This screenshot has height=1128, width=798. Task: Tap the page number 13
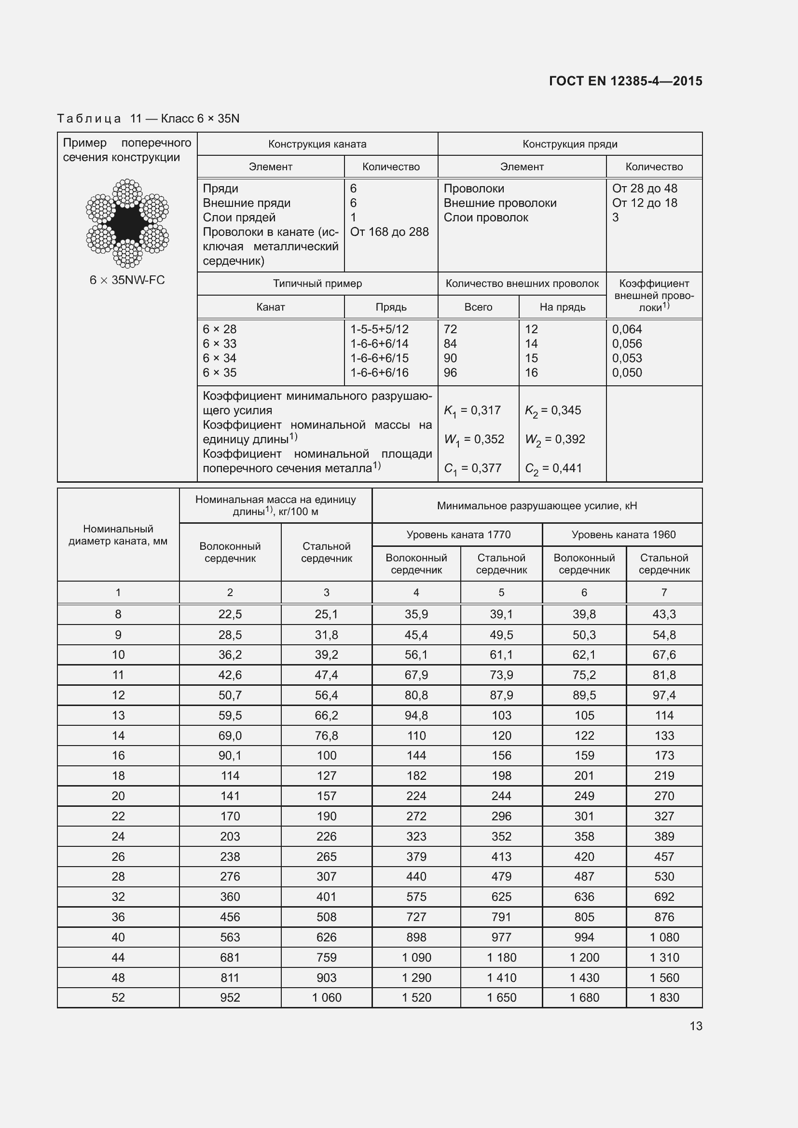pos(695,1026)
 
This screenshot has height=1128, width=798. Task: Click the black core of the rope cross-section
pos(127,224)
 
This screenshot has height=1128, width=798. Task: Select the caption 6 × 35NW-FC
pos(127,280)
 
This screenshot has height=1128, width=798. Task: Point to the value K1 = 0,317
pos(472,411)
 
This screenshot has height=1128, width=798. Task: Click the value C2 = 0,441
pos(553,469)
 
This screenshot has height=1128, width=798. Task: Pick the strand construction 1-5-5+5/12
pos(379,329)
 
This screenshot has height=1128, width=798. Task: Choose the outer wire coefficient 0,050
pos(627,372)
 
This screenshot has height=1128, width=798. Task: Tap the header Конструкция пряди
pos(569,144)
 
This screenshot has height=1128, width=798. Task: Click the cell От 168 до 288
pos(389,232)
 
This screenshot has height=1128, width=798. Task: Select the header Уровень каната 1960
pos(623,534)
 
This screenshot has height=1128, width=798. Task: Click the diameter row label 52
pos(118,997)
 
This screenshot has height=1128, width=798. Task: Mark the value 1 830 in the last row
pos(664,997)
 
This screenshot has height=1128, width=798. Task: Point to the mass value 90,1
pos(230,756)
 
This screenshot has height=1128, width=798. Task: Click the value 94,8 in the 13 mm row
pos(416,715)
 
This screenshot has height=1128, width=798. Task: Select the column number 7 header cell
pos(664,593)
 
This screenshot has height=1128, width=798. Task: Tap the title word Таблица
pos(89,119)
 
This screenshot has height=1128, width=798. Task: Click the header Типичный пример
pos(317,284)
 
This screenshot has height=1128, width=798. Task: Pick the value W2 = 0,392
pos(555,440)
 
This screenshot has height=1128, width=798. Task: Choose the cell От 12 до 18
pos(644,203)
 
